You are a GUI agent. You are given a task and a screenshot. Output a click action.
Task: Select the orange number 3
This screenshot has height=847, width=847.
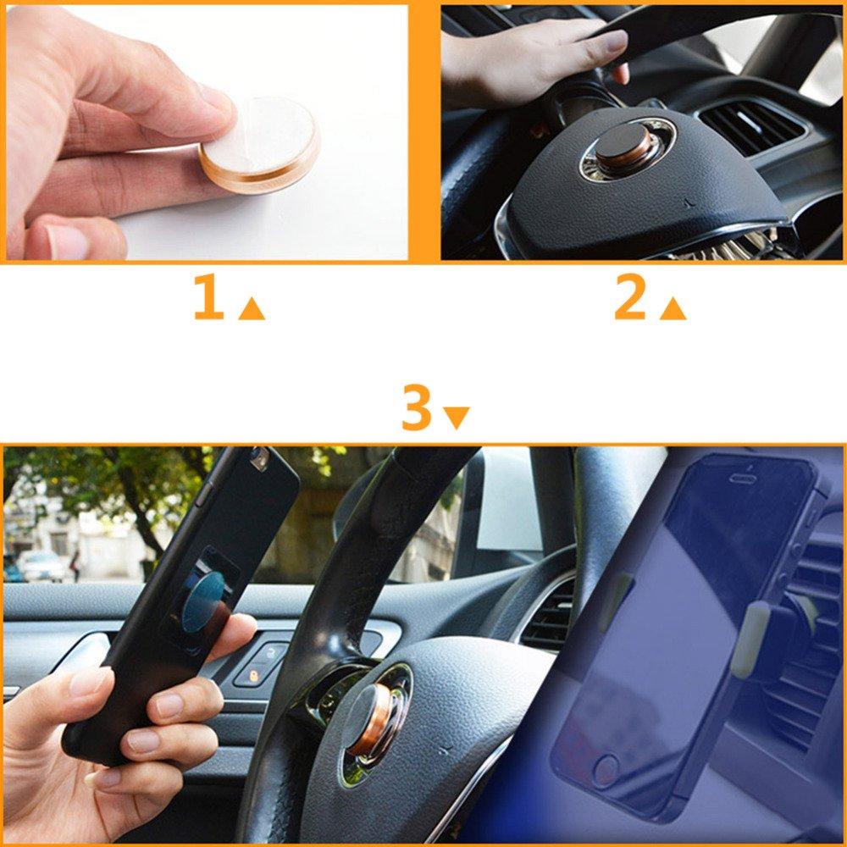coord(417,408)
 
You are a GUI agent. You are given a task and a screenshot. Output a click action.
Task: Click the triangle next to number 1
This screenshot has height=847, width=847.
coord(252,309)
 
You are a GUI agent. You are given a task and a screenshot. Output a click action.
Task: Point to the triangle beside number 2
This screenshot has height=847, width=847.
coord(673,309)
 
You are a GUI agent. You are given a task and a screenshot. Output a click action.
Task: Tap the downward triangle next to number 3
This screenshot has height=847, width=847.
coord(457,418)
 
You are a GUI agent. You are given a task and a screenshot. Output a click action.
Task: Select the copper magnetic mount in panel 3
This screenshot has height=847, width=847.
coord(372,718)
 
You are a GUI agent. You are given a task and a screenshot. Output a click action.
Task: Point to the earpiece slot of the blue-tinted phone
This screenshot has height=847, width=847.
coord(746,478)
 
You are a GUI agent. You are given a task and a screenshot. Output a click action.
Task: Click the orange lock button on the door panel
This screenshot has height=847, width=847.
coord(253,675)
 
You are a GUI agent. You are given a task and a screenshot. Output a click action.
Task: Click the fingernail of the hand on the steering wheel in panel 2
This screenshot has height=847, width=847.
coord(615,40)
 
